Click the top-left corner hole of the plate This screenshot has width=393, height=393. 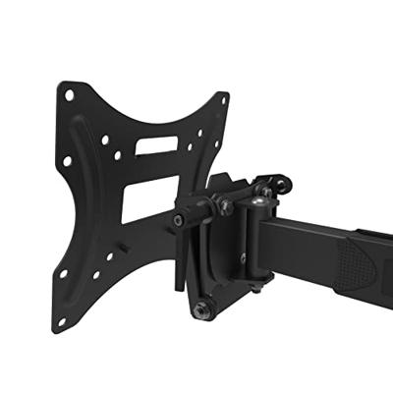coord(70,95)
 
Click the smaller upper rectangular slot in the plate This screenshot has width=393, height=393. coord(157,144)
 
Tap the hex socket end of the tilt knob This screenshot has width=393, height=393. coord(178,221)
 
